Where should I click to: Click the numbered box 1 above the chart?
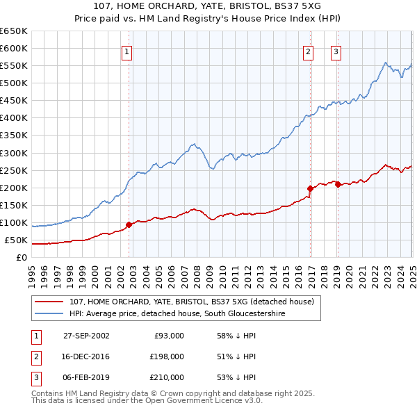point(128,51)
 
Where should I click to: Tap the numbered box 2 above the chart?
point(308,51)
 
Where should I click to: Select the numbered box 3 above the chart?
point(336,51)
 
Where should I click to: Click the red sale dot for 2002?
point(129,224)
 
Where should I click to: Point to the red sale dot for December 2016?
point(311,188)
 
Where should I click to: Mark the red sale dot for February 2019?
point(338,183)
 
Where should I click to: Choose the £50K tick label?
point(17,240)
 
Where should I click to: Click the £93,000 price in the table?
point(169,335)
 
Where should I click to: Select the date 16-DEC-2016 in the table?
point(86,356)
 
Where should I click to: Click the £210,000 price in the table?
point(166,377)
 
